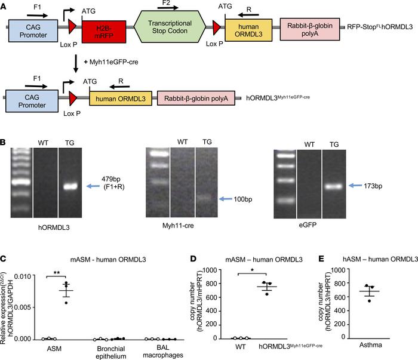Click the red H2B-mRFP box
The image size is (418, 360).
(102, 30)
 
